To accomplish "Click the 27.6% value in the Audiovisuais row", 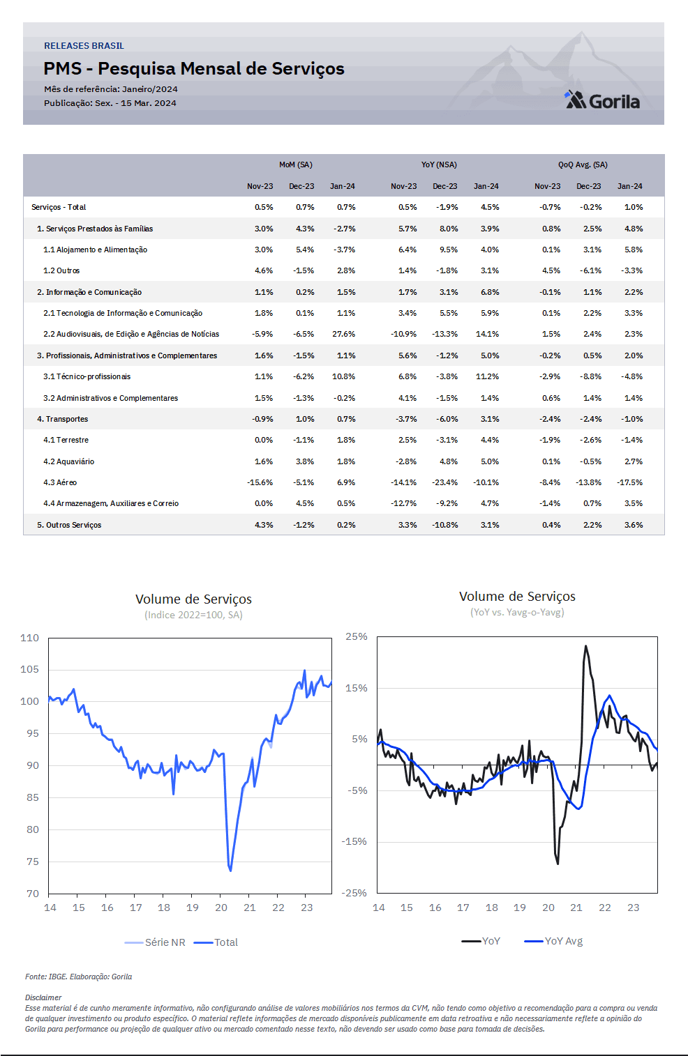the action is (x=343, y=334).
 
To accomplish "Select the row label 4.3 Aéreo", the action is (x=60, y=482).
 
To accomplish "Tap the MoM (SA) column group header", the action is (x=296, y=164).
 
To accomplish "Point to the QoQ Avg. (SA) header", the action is (x=583, y=164).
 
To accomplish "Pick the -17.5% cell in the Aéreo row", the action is (x=629, y=482).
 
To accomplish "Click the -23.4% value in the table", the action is (x=444, y=482).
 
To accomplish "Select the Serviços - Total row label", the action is (x=59, y=207).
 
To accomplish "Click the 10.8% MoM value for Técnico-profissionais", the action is (x=343, y=376).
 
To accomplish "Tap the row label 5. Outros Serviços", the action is (x=69, y=525).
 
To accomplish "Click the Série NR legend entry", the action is (x=155, y=942).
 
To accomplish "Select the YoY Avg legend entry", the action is (x=553, y=940).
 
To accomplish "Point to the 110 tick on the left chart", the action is (x=29, y=638).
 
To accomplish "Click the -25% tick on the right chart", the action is (x=356, y=892).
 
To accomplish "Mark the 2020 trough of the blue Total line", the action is (x=230, y=871).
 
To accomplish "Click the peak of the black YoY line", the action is (x=585, y=646).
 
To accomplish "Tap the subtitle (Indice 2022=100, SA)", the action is (x=193, y=615).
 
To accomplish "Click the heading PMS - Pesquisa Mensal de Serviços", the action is (x=194, y=69).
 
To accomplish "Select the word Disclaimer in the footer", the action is (x=43, y=997).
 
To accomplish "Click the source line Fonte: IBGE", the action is (x=78, y=977).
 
